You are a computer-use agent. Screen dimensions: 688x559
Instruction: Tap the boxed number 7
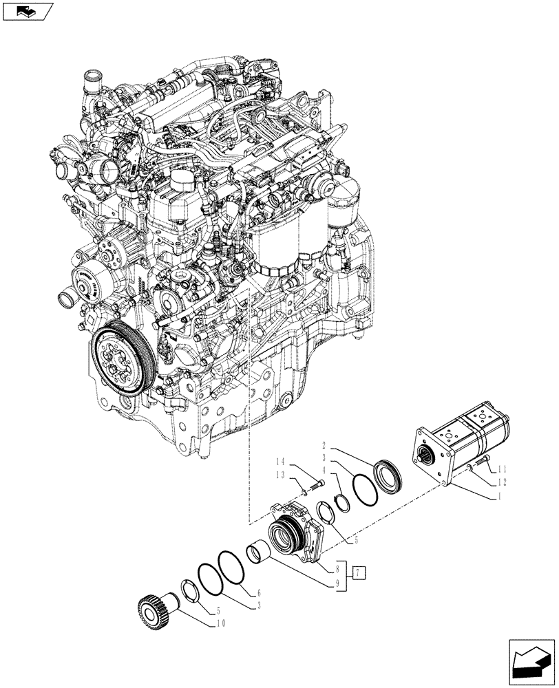(x=359, y=572)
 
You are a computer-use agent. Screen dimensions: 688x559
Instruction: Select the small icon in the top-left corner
(x=27, y=12)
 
